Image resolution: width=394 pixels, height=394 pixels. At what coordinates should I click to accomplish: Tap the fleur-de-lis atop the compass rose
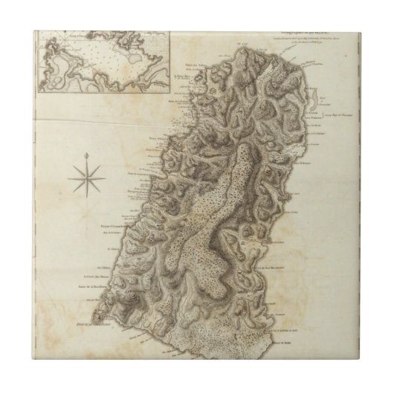[x=88, y=154]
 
